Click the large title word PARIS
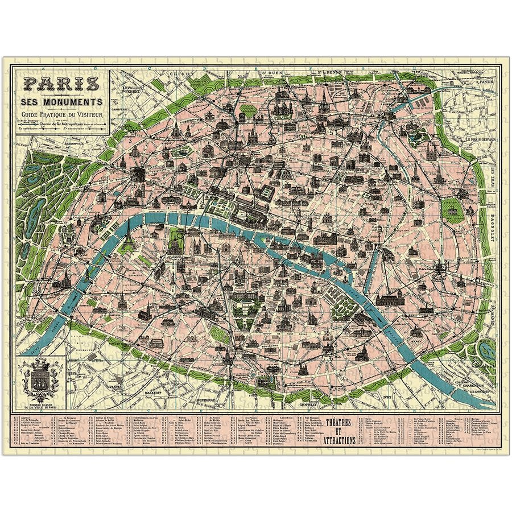[61, 84]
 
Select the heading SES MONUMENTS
[63, 102]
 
